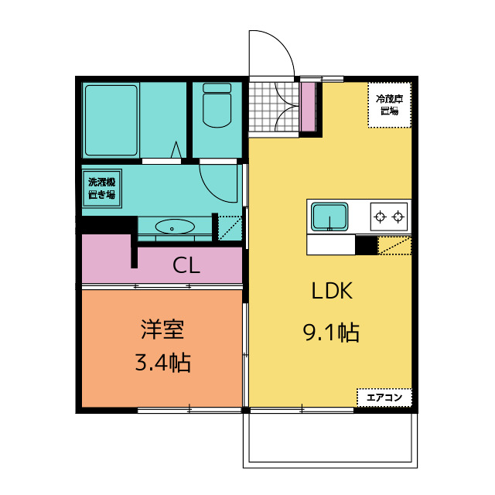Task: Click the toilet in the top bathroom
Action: pos(217,105)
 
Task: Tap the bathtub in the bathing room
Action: pos(111,121)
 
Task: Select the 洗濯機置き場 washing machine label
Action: pos(101,189)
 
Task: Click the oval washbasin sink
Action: pos(175,227)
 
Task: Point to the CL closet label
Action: pos(186,265)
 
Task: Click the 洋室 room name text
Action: pos(162,329)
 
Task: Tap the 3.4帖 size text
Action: pos(163,363)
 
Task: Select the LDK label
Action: pos(332,291)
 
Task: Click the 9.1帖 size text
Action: pos(331,333)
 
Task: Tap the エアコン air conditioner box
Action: pos(384,398)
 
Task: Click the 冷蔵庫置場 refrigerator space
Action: pos(390,105)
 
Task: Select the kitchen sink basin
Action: pos(329,217)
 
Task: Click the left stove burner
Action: pos(380,217)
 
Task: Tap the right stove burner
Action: pos(398,217)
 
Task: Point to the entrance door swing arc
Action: pos(284,43)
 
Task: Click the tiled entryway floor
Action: pos(274,107)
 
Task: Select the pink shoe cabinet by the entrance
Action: pos(308,107)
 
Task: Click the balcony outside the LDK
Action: pos(330,440)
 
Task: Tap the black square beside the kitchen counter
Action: pos(367,244)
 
